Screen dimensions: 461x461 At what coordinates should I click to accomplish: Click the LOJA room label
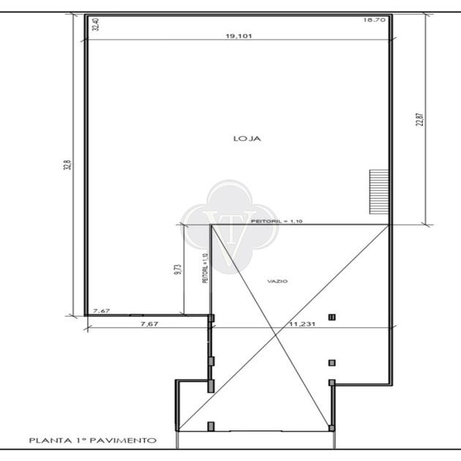click(x=247, y=138)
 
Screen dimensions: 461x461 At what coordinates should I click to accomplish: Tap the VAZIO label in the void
click(x=277, y=282)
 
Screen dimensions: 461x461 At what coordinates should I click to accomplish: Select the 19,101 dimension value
click(x=239, y=36)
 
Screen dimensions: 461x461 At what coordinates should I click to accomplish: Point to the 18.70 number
click(x=374, y=20)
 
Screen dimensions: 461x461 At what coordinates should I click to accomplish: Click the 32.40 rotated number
click(x=96, y=24)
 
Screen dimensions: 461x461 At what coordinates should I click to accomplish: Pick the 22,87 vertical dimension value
click(x=420, y=120)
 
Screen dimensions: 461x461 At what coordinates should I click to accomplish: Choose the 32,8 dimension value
click(x=67, y=165)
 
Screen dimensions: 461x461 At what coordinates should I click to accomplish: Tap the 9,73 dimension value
click(x=178, y=269)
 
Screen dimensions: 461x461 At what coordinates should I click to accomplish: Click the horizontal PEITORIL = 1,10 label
click(x=277, y=221)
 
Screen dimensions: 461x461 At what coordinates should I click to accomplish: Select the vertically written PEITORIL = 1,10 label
click(x=205, y=268)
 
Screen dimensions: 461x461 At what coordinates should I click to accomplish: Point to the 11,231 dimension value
click(x=302, y=324)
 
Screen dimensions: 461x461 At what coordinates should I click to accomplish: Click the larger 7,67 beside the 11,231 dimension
click(x=149, y=324)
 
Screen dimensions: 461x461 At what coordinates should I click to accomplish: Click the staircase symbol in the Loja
click(x=379, y=192)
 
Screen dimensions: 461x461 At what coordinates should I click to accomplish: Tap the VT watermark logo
click(x=230, y=226)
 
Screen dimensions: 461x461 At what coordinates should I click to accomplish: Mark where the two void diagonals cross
click(x=275, y=334)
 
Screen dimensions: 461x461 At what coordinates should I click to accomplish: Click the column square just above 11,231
click(x=332, y=318)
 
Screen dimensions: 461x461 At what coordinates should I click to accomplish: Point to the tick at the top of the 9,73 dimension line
click(x=184, y=225)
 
